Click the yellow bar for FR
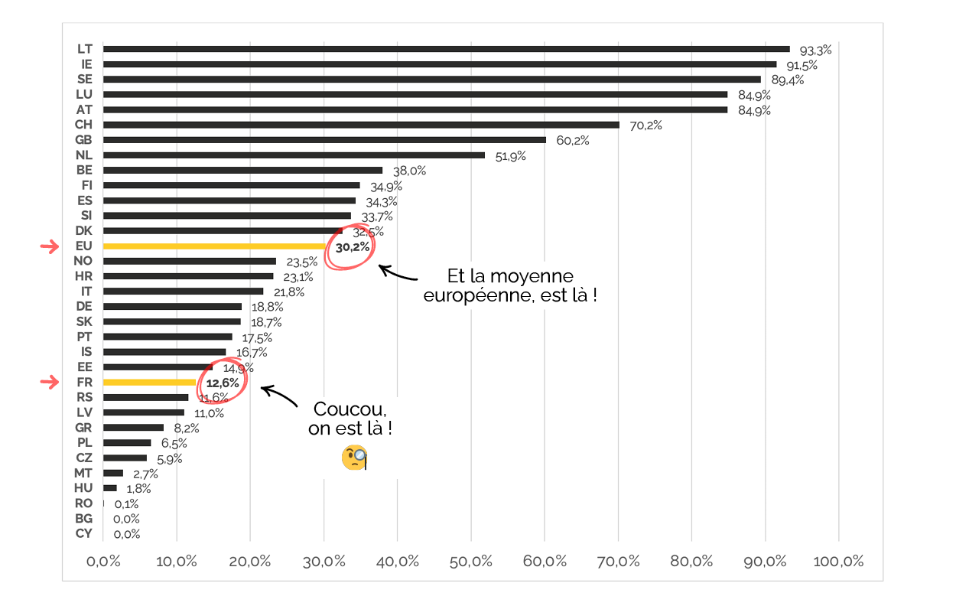pos(150,383)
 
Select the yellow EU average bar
pos(214,246)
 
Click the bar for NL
pos(294,155)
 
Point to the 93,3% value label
pos(815,50)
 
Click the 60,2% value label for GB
pos(571,141)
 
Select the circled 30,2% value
pos(353,247)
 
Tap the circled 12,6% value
pos(223,383)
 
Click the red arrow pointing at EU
pos(49,246)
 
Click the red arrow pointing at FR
pos(49,383)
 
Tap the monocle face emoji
pos(354,458)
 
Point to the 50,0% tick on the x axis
pos(471,562)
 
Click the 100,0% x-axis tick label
pos(838,562)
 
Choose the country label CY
pos(84,533)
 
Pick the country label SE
pos(85,79)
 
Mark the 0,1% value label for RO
pos(126,504)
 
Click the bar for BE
pos(242,170)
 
